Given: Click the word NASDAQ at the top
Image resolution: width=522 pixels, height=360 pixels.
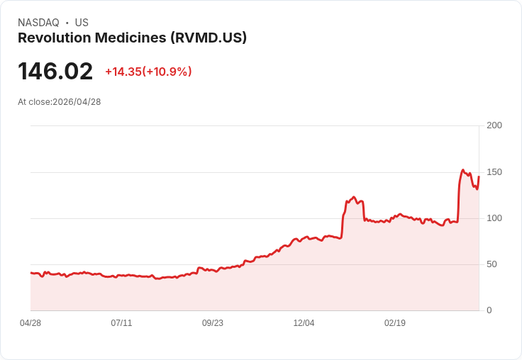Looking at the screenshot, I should pos(38,23).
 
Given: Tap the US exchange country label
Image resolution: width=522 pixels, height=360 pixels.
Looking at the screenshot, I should pos(82,23).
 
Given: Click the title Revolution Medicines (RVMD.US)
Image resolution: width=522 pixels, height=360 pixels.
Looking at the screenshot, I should pos(132,38).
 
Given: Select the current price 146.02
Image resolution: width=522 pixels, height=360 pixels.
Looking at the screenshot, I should pos(55,72).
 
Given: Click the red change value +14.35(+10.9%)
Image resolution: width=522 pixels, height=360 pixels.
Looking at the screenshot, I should pos(148,72).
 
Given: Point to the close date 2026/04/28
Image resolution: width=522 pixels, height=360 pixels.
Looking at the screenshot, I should pos(77,102).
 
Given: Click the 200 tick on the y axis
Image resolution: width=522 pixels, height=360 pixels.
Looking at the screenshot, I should pos(494,125).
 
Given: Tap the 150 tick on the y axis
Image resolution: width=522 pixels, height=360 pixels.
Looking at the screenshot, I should pos(494,171).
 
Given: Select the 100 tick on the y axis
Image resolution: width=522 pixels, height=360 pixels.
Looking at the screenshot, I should pos(494,218).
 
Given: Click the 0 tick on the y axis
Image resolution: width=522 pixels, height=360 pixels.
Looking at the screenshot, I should pos(489,310).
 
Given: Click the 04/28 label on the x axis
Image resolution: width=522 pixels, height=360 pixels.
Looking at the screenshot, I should pos(30,323).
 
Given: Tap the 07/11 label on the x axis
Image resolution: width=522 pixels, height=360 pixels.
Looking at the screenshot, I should pos(121,323).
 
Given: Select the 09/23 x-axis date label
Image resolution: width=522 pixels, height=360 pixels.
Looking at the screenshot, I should pos(213,323).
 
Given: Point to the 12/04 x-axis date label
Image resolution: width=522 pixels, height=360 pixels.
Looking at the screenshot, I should pos(304,323).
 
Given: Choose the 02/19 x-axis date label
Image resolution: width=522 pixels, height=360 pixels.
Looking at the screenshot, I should pos(395,323).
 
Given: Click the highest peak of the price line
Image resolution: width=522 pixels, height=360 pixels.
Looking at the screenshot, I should pos(462,170).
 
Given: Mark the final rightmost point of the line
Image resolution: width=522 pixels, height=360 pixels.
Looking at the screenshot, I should pos(479,176).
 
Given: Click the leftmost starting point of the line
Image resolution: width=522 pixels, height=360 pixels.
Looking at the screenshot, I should pos(30,273).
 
